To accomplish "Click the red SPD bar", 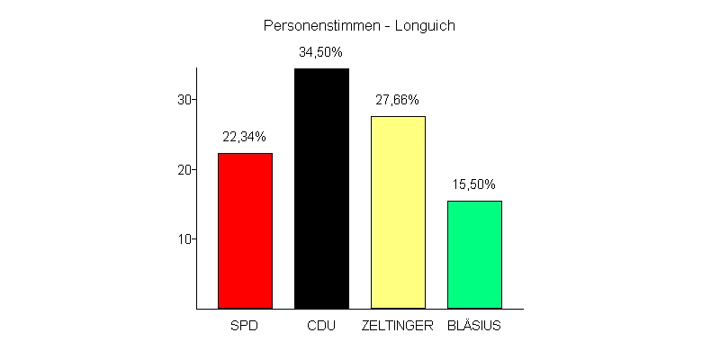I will pyautogui.click(x=245, y=230).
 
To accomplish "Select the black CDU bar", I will pyautogui.click(x=321, y=188).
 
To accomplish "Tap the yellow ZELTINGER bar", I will pyautogui.click(x=398, y=212).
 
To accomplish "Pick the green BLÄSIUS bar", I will pyautogui.click(x=474, y=255).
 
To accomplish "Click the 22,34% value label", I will pyautogui.click(x=245, y=137).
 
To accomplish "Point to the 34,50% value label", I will pyautogui.click(x=321, y=52).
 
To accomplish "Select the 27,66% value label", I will pyautogui.click(x=398, y=100).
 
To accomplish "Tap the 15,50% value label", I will pyautogui.click(x=474, y=184).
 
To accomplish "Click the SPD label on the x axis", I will pyautogui.click(x=245, y=325).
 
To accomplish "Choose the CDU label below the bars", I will pyautogui.click(x=321, y=325).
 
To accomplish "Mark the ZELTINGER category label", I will pyautogui.click(x=398, y=325).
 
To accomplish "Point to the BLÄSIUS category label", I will pyautogui.click(x=474, y=325).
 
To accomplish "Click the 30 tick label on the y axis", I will pyautogui.click(x=184, y=100).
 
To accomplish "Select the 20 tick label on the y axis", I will pyautogui.click(x=184, y=169).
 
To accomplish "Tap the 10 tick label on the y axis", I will pyautogui.click(x=184, y=239).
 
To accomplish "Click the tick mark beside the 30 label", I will pyautogui.click(x=193, y=99).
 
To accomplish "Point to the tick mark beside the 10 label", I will pyautogui.click(x=193, y=238).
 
